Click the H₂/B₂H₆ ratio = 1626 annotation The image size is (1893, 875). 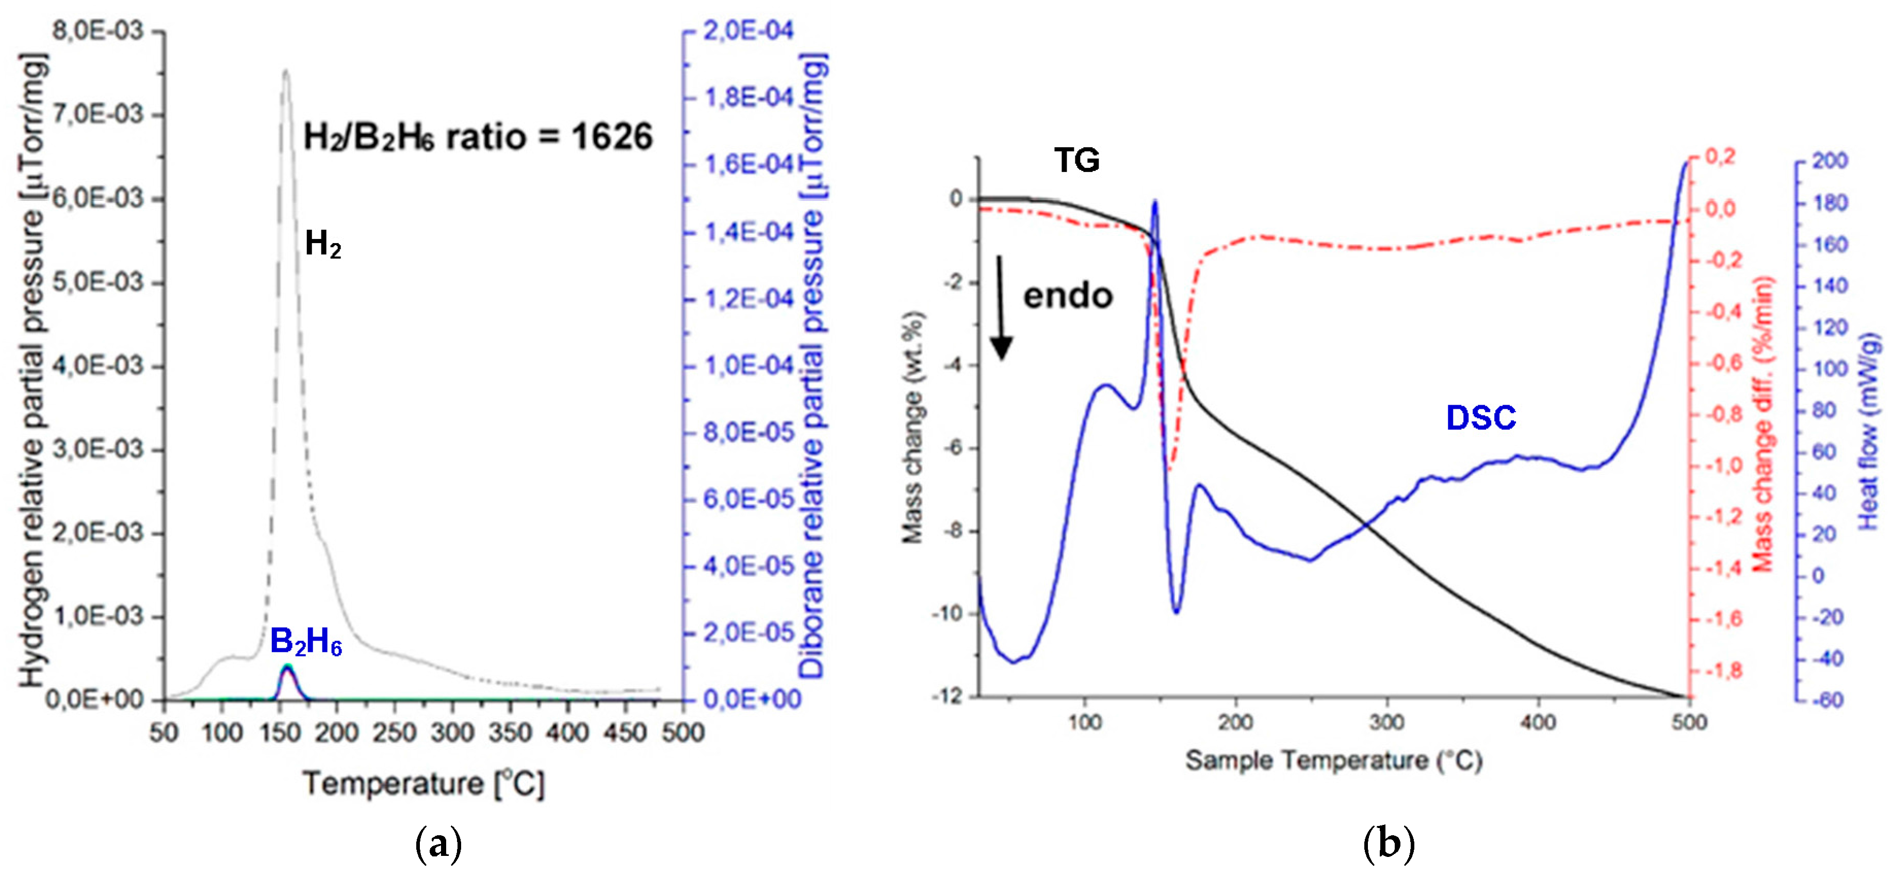click(x=478, y=137)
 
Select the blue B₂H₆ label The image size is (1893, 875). click(x=306, y=642)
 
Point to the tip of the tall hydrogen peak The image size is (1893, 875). click(x=286, y=71)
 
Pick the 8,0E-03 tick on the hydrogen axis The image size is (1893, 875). click(x=97, y=31)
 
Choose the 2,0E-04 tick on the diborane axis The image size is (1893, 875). click(x=748, y=31)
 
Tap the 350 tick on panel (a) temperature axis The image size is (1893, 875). click(x=510, y=733)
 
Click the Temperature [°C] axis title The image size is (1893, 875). click(x=425, y=784)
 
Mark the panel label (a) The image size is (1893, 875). click(x=439, y=844)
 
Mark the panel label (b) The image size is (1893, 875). click(x=1388, y=844)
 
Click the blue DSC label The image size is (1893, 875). click(x=1481, y=418)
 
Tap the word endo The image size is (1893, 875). click(x=1068, y=296)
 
